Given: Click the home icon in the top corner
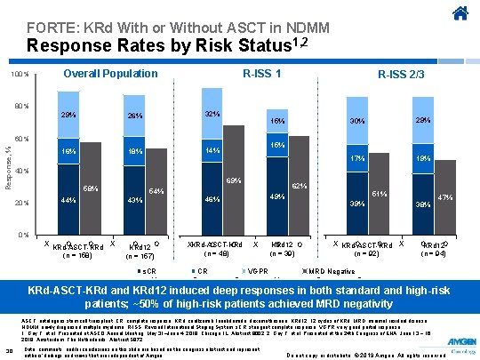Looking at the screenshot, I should pos(460,14).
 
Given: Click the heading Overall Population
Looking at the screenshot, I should pos(110,74).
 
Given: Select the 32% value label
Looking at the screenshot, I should pos(212,115).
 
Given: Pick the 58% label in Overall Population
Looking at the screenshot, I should pos(90,188).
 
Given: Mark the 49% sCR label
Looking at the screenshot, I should pos(276,196).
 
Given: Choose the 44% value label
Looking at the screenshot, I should pos(67,199).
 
